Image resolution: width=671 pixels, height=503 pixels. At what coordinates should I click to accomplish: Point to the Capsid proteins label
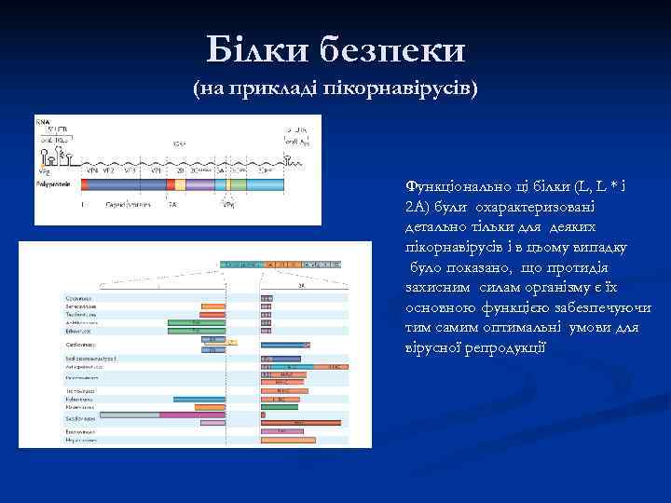click(129, 203)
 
